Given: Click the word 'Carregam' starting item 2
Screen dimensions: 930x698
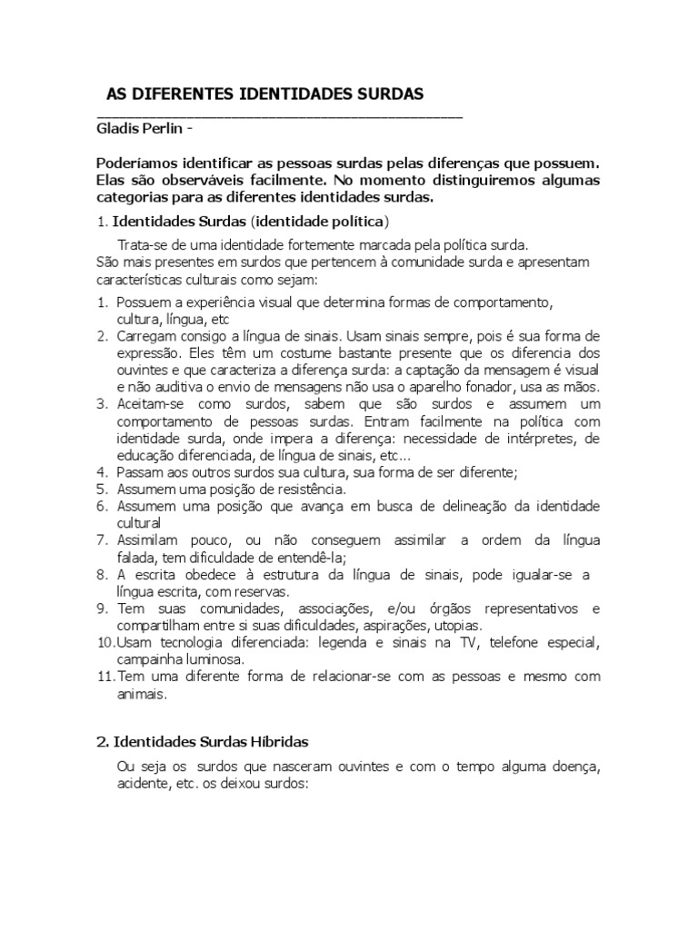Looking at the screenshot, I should [x=146, y=335].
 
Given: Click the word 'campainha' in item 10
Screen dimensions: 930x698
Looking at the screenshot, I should [x=149, y=659].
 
